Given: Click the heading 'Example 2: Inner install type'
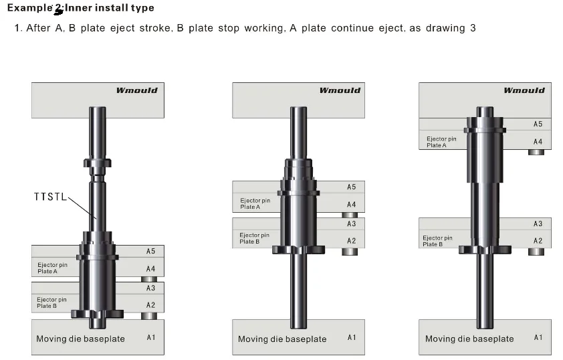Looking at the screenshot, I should (x=80, y=8).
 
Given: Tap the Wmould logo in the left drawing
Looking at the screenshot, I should (x=137, y=90).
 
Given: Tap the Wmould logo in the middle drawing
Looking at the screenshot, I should (x=339, y=90).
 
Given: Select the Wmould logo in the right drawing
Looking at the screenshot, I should (x=524, y=90).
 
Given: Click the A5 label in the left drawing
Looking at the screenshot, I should (x=150, y=252).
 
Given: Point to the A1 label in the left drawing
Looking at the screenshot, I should (x=150, y=337).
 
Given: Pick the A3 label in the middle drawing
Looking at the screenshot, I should (x=351, y=224).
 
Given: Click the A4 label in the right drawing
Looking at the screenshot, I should (x=538, y=141).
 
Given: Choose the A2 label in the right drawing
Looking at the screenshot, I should (x=538, y=241).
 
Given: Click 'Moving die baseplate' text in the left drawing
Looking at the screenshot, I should (x=80, y=339).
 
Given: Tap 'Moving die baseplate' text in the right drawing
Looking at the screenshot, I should (x=469, y=339).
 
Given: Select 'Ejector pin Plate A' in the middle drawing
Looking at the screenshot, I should (x=255, y=203).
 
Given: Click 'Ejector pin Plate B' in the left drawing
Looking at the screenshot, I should (x=51, y=302).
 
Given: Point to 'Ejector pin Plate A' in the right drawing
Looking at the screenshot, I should (x=441, y=142).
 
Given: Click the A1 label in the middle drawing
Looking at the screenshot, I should (x=351, y=337).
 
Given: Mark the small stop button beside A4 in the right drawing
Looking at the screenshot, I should (x=536, y=152).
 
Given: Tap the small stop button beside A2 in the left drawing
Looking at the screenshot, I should (x=149, y=316).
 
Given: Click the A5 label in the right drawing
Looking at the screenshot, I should (x=538, y=124).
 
